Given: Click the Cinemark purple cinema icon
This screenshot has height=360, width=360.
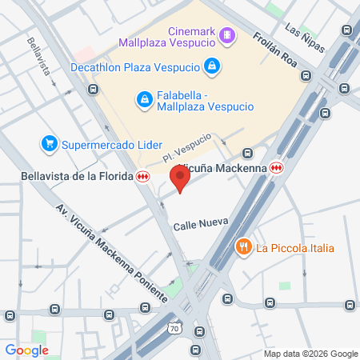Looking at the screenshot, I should (228, 34).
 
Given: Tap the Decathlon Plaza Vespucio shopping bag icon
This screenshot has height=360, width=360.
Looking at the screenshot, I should (212, 66).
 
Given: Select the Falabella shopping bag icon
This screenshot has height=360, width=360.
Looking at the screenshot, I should (145, 98).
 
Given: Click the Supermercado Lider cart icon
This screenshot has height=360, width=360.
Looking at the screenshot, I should (50, 144).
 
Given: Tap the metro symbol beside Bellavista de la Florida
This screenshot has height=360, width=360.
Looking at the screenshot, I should (143, 176).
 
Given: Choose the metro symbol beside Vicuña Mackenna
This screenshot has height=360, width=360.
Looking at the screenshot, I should (277, 168).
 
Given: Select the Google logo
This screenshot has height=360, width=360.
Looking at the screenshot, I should (26, 350).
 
